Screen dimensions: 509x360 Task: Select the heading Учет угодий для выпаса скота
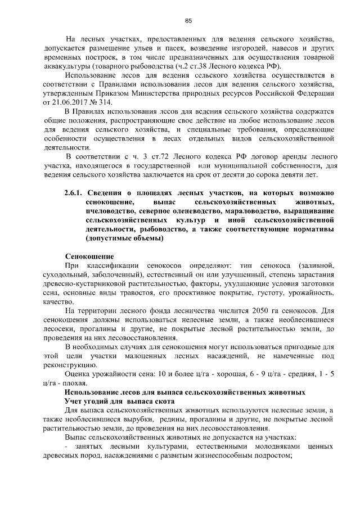120,401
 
